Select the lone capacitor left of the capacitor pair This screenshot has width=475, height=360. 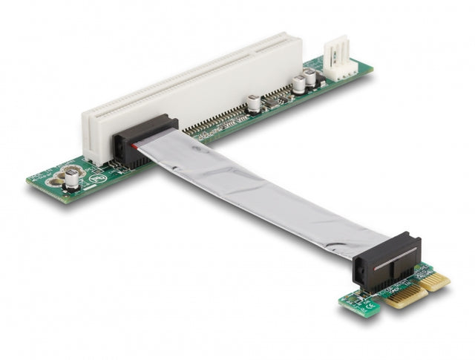tap(254, 102)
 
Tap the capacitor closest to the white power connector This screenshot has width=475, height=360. tap(309, 76)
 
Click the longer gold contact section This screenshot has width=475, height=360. tap(405, 296)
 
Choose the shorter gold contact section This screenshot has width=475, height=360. tap(436, 281)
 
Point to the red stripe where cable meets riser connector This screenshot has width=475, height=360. tap(134, 148)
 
